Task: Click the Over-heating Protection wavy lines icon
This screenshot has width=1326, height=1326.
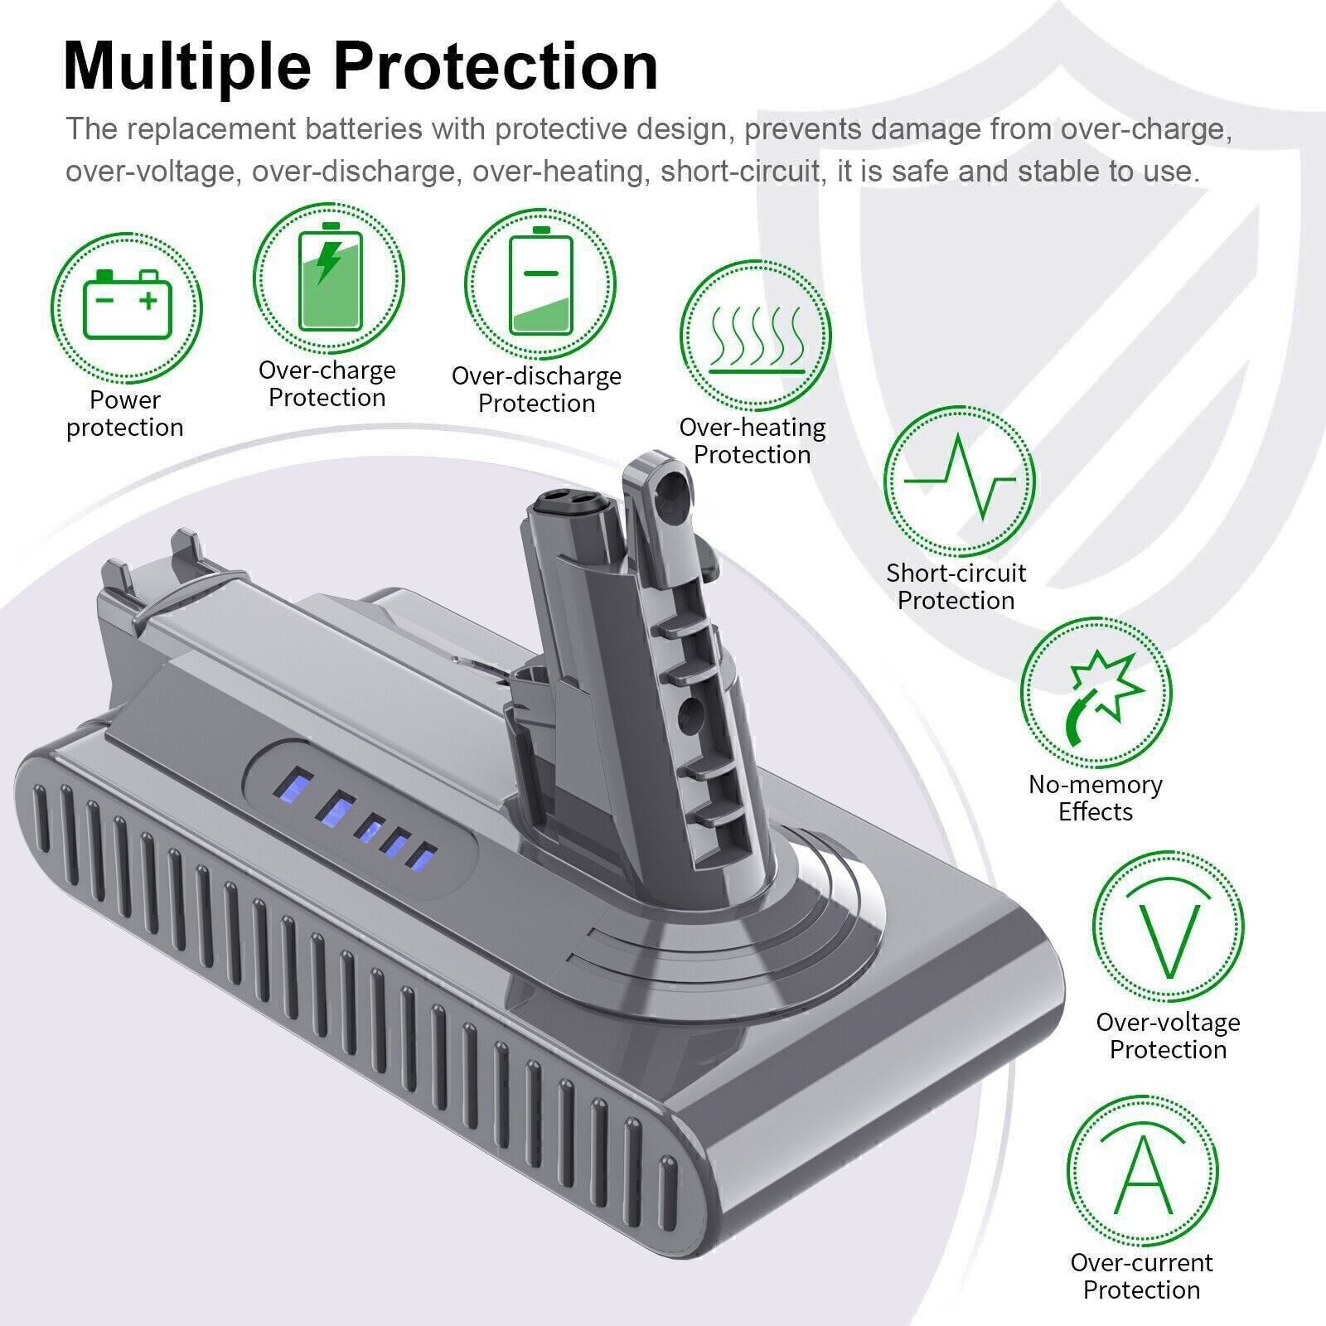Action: coord(755,336)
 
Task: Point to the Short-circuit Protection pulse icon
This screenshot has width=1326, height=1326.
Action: coord(959,481)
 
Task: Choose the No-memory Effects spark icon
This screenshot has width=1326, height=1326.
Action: coord(1096,693)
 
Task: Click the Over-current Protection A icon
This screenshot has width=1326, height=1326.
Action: coord(1142,1171)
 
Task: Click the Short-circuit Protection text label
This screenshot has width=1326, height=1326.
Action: coord(956,586)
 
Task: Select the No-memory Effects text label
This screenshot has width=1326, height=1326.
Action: coord(1096,797)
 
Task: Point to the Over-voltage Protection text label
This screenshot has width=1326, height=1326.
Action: coord(1168,1035)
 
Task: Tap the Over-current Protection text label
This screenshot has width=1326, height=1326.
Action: coord(1141,1275)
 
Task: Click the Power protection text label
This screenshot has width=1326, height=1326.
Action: coord(125,413)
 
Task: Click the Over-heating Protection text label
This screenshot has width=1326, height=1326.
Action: coord(753,440)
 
